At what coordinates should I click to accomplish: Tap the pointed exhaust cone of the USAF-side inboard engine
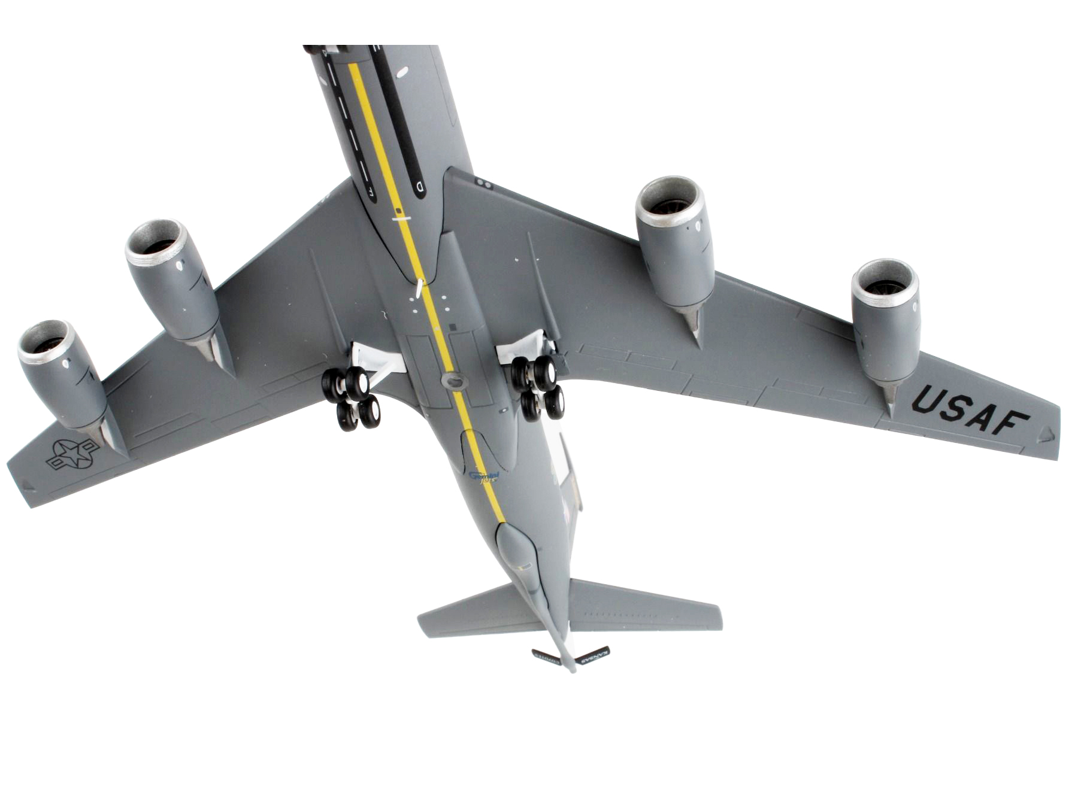click(x=695, y=326)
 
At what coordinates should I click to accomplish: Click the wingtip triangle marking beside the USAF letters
click(x=1045, y=435)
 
